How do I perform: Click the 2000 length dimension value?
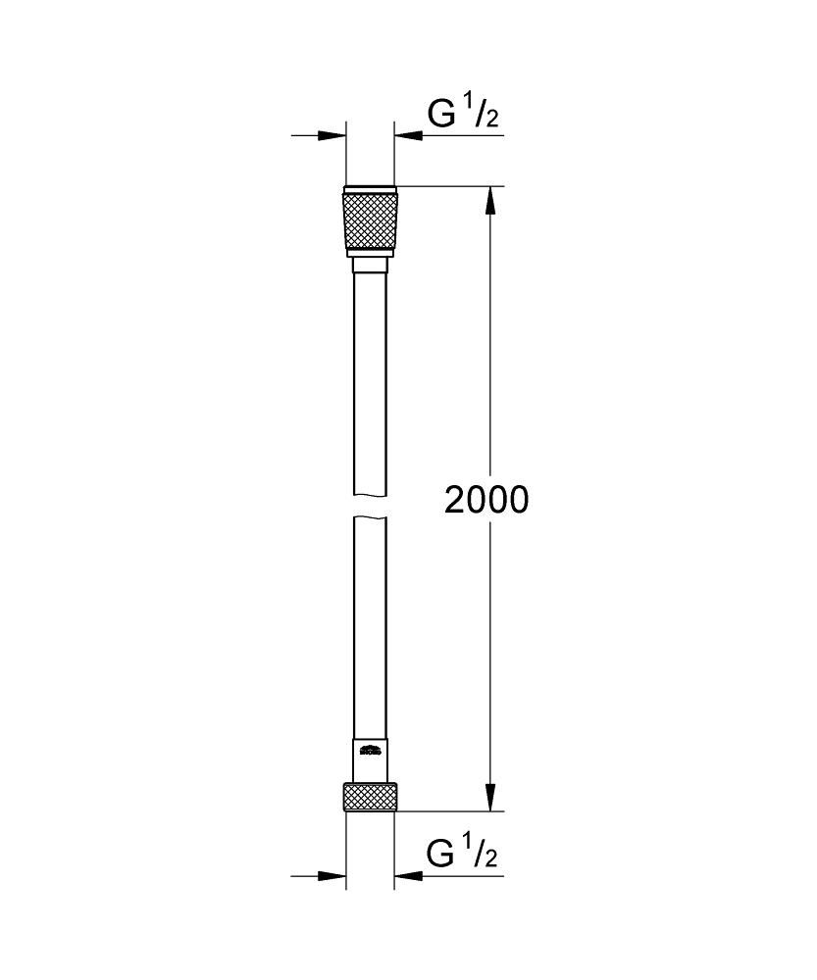pyautogui.click(x=485, y=500)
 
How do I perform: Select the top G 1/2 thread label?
pyautogui.click(x=462, y=116)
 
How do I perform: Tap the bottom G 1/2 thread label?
pyautogui.click(x=462, y=856)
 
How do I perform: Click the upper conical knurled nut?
pyautogui.click(x=370, y=222)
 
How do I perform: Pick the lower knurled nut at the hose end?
pyautogui.click(x=370, y=797)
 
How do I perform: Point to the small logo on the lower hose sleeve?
pyautogui.click(x=370, y=753)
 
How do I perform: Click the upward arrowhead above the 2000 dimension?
pyautogui.click(x=491, y=201)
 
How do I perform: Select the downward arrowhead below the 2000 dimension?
pyautogui.click(x=491, y=797)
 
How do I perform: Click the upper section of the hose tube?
pyautogui.click(x=370, y=382)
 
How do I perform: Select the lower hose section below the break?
pyautogui.click(x=370, y=627)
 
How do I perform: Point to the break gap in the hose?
pyautogui.click(x=370, y=506)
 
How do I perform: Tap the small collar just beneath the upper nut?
pyautogui.click(x=370, y=264)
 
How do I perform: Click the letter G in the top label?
pyautogui.click(x=441, y=116)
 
